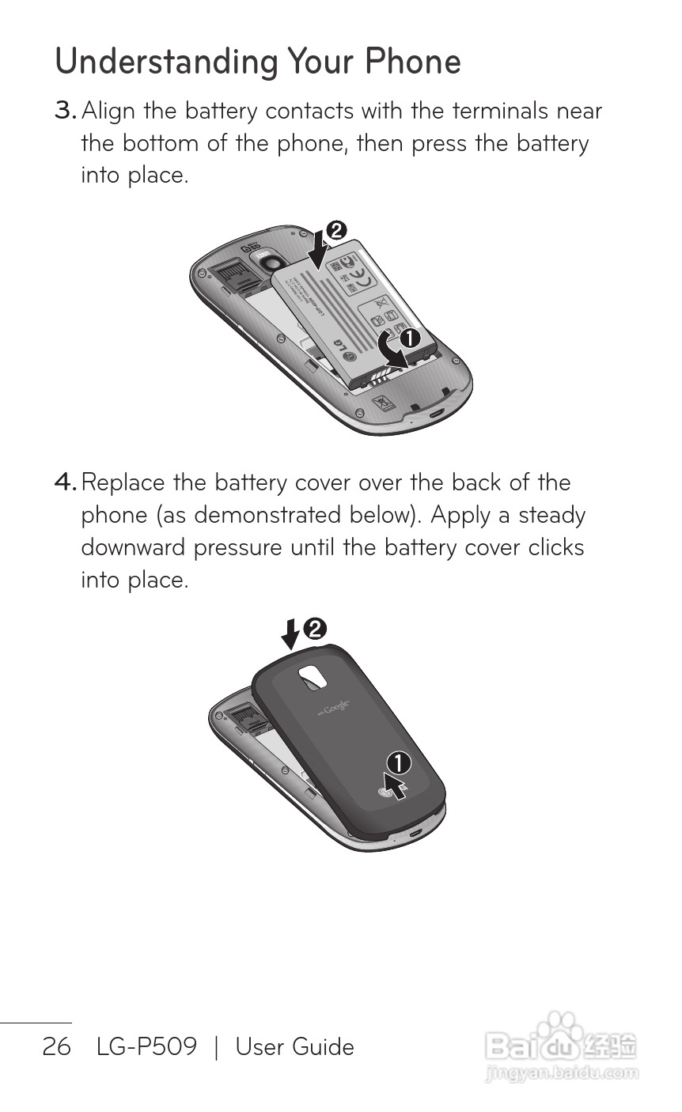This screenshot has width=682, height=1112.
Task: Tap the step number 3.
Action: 65,111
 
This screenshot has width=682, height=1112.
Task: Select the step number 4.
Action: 65,482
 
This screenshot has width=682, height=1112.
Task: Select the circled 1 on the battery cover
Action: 398,762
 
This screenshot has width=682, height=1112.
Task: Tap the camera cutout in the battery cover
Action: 314,677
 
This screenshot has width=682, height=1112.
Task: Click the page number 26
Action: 56,1047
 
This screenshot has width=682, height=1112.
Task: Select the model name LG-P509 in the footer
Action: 146,1047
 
